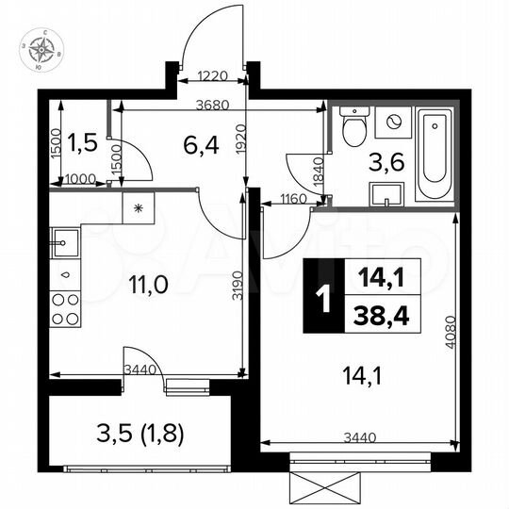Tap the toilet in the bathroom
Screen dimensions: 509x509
tap(354, 127)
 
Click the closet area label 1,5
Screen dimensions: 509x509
tap(84, 142)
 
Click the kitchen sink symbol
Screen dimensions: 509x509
tap(63, 243)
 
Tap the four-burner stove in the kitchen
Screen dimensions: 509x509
tap(65, 307)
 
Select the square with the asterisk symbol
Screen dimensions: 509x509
tap(138, 208)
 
